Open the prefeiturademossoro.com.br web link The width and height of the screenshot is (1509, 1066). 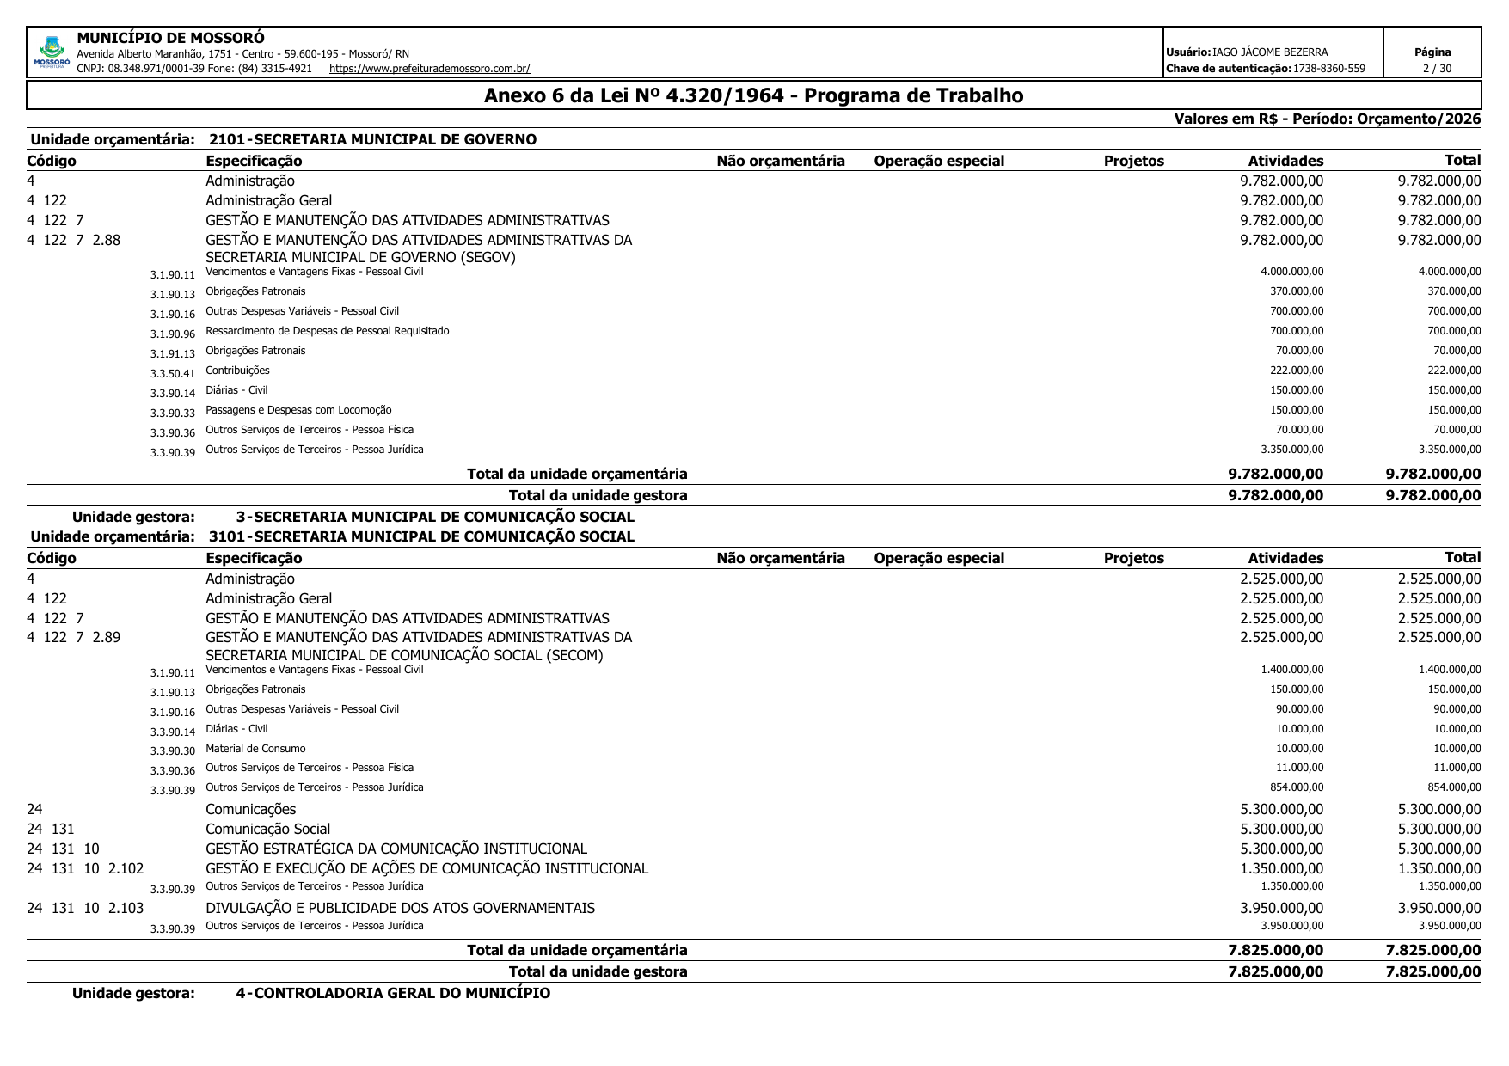(429, 69)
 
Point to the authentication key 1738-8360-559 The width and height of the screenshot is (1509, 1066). (1328, 69)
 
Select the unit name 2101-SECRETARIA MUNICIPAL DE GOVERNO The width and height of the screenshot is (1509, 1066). (372, 139)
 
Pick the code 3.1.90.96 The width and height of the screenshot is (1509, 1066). (172, 334)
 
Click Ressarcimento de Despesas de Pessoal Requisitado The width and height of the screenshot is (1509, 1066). (327, 331)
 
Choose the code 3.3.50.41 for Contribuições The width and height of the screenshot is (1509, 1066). (172, 374)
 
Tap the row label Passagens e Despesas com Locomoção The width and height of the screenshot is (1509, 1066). (298, 410)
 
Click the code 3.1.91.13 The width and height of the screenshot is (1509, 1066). (172, 354)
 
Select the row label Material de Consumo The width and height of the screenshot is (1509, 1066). (255, 749)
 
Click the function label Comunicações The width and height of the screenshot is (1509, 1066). (250, 809)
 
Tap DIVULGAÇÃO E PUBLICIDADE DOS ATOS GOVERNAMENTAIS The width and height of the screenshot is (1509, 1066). (400, 908)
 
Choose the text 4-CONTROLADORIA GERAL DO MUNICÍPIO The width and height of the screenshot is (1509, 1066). (393, 994)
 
